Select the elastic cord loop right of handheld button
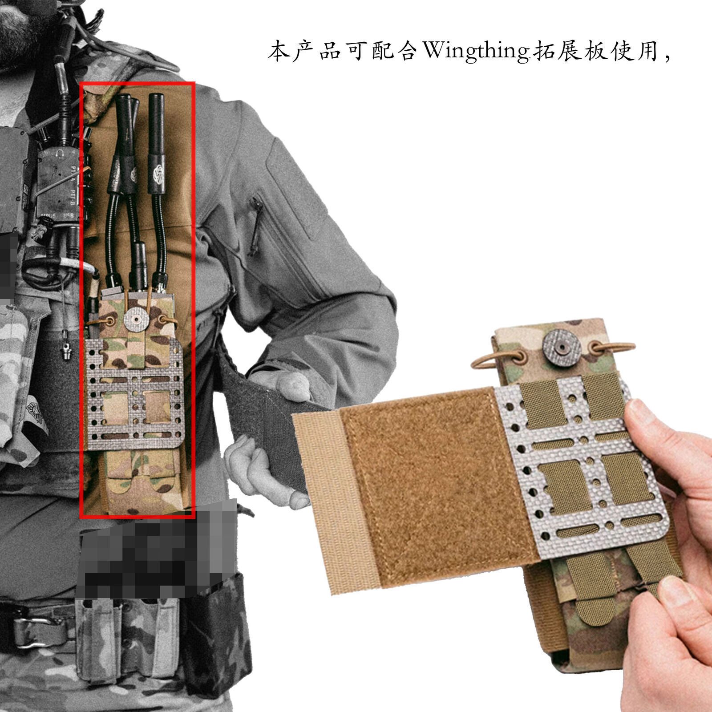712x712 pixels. click(611, 348)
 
